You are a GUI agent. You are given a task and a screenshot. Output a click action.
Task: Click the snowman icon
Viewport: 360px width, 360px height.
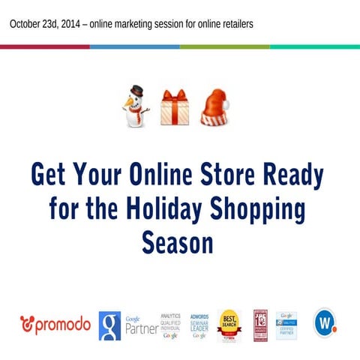pyautogui.click(x=136, y=106)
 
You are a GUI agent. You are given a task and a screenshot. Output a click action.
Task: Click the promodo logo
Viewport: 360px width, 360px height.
pyautogui.click(x=55, y=325)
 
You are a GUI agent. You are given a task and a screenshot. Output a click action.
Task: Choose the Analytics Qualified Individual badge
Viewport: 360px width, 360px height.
pyautogui.click(x=170, y=325)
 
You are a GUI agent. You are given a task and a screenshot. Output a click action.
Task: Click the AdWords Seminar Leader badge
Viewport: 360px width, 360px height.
pyautogui.click(x=199, y=325)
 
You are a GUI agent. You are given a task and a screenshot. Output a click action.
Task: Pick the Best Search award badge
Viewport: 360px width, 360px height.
pyautogui.click(x=229, y=325)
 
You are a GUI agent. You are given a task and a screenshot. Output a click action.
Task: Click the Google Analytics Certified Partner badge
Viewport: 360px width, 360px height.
pyautogui.click(x=287, y=325)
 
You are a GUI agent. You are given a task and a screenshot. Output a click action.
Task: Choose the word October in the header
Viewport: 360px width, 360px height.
pyautogui.click(x=27, y=24)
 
